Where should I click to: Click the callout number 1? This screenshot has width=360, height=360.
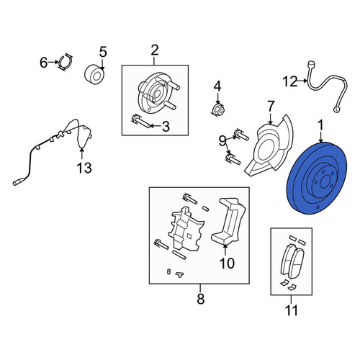click(320, 126)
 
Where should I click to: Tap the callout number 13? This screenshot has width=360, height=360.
click(84, 168)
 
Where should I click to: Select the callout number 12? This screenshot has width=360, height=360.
click(290, 81)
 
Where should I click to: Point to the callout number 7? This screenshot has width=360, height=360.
click(271, 107)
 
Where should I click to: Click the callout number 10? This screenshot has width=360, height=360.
click(227, 264)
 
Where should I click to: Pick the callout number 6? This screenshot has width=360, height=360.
click(43, 63)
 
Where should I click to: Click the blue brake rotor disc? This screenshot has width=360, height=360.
click(317, 178)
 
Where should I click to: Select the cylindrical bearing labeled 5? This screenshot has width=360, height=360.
click(95, 75)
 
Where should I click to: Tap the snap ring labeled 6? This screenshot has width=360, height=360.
click(66, 63)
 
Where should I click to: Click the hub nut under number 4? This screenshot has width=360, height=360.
click(218, 109)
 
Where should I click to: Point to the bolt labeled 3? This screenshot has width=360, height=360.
click(141, 122)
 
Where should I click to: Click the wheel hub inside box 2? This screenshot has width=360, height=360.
click(158, 93)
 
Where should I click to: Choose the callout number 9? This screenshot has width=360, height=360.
click(222, 141)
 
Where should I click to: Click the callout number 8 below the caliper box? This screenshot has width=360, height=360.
click(201, 299)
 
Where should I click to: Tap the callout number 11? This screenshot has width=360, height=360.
click(292, 310)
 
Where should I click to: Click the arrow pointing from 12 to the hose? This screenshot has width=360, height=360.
click(302, 81)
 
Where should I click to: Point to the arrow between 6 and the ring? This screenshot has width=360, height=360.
click(53, 63)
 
